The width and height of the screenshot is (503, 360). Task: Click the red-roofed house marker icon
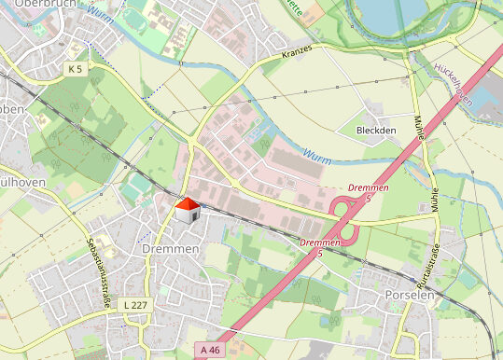[x=188, y=210]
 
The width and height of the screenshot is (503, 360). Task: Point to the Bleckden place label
[x=376, y=131]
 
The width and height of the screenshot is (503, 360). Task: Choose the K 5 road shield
[x=76, y=69]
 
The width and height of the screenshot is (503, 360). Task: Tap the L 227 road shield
[x=135, y=305]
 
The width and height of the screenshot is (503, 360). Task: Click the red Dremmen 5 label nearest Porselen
[x=317, y=247]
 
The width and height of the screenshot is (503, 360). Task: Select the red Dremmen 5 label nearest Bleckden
[x=365, y=192]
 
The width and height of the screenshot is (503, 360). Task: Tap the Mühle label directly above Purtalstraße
[x=435, y=198]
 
